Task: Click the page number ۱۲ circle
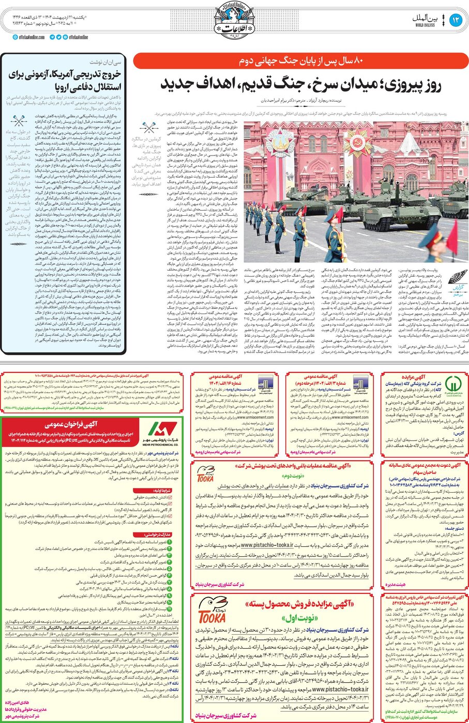pos(455,20)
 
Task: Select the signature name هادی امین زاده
pos(20,703)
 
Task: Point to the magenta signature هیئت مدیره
pos(395,585)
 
